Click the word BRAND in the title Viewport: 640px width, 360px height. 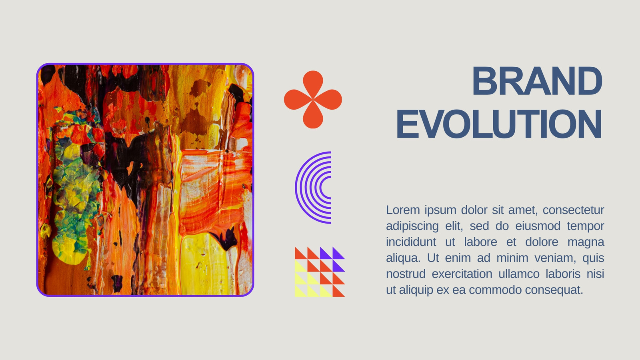click(538, 81)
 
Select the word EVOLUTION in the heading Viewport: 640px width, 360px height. click(499, 124)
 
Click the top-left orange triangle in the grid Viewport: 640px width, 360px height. click(299, 255)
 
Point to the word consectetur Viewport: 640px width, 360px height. click(574, 210)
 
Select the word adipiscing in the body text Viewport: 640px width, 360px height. click(412, 226)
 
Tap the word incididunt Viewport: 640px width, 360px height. click(411, 242)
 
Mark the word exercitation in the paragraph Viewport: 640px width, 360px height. click(462, 274)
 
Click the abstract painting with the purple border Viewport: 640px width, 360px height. click(145, 180)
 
